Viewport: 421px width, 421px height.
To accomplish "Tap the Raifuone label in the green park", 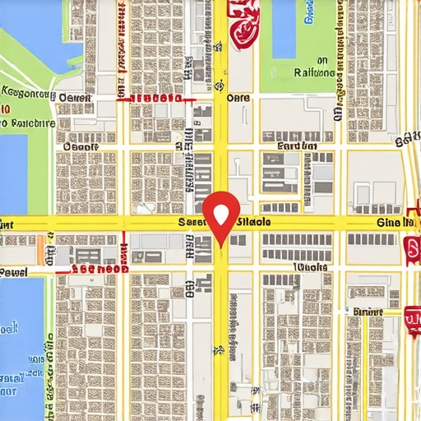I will coord(313,72).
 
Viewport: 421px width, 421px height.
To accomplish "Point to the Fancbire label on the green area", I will coord(28,123).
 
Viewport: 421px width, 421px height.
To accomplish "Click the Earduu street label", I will coord(297,146).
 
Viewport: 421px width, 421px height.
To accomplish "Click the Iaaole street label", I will coord(310,267).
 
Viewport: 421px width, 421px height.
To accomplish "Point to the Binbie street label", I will coord(368,312).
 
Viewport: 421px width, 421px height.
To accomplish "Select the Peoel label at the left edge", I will coord(14,272).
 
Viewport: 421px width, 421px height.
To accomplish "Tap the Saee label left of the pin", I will coord(192,222).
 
